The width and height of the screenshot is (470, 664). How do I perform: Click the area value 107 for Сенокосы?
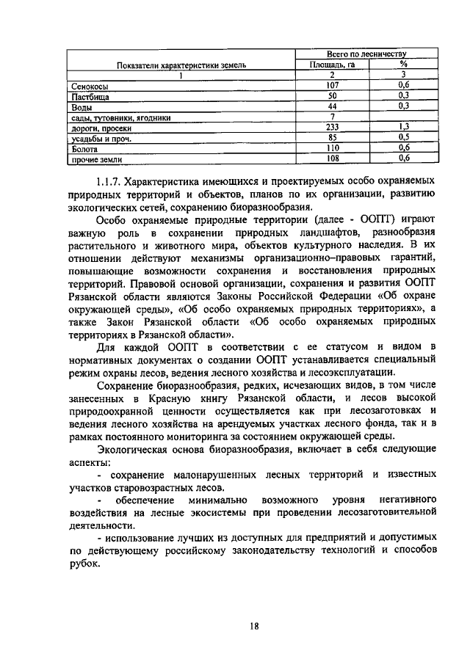331,85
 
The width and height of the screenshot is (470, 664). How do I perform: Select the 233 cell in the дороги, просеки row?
332,126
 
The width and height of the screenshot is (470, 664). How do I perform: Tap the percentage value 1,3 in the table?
403,126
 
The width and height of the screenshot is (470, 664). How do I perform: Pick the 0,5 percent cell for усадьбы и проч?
403,136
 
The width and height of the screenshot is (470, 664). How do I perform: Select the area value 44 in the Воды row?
331,106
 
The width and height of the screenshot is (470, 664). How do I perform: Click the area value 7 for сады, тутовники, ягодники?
332,116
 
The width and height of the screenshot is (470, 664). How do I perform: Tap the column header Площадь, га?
331,64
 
